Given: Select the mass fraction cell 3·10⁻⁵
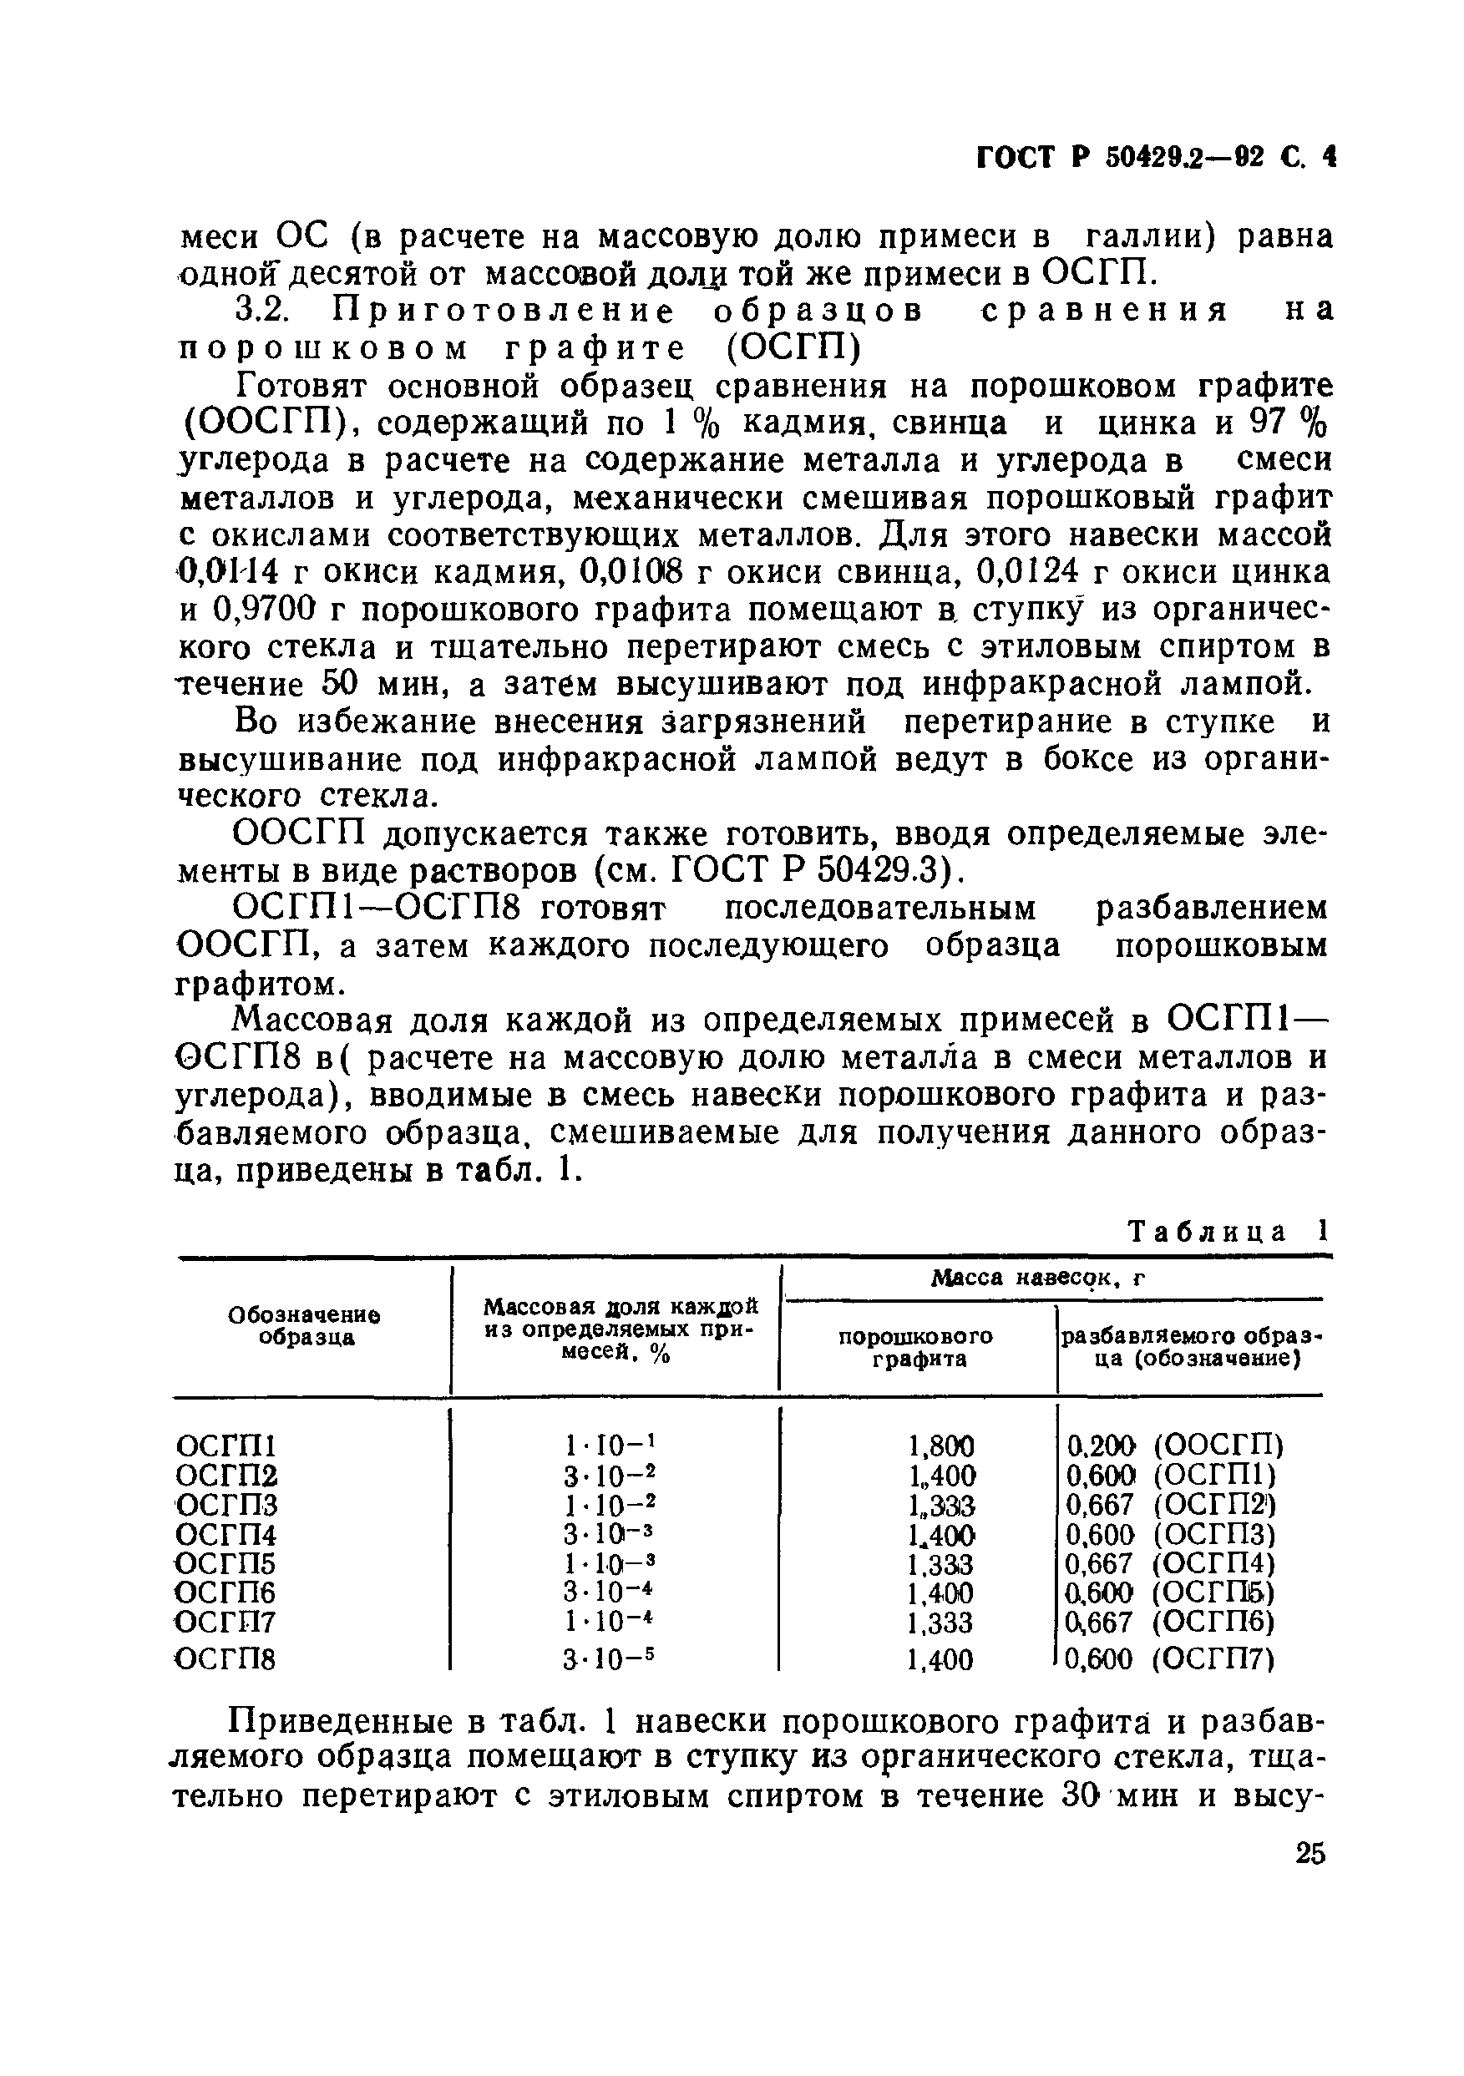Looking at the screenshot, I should point(609,1659).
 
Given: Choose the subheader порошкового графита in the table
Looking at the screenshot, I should point(916,1348).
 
